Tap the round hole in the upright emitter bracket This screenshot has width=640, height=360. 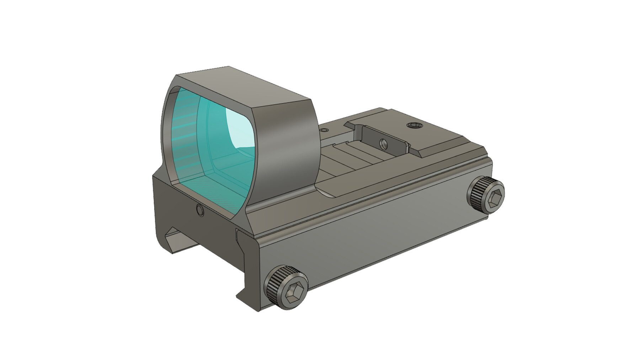pyautogui.click(x=383, y=144)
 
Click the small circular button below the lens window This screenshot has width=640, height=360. pyautogui.click(x=200, y=211)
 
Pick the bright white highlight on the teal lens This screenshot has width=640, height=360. pyautogui.click(x=239, y=128)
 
